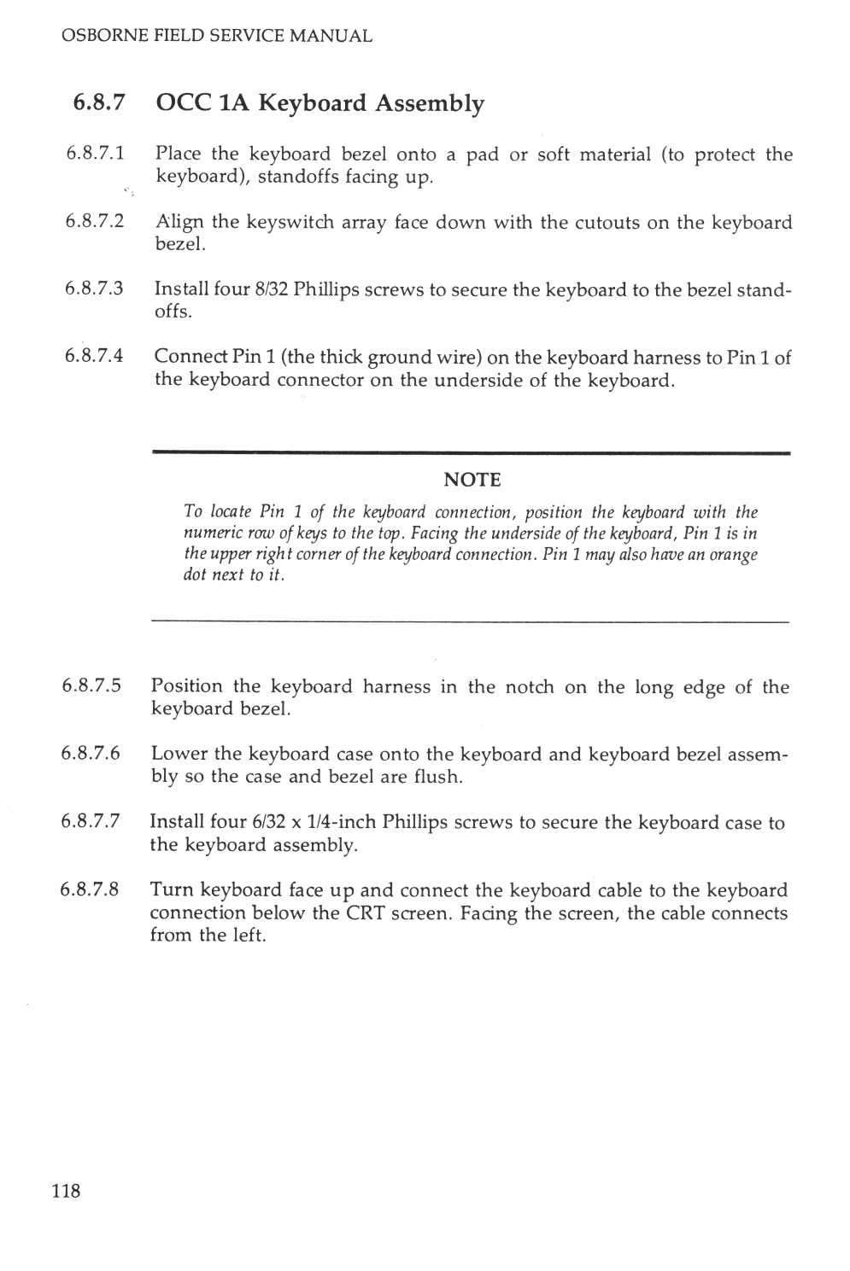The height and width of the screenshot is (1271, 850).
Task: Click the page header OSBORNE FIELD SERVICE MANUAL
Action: click(216, 36)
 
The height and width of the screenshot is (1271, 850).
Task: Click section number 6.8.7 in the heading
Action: click(99, 102)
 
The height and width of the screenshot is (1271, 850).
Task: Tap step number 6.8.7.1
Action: click(95, 153)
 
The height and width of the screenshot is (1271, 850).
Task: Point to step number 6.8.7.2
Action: click(95, 221)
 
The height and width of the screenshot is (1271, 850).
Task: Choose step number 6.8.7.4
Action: click(94, 355)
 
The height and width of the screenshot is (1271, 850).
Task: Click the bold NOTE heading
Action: click(472, 480)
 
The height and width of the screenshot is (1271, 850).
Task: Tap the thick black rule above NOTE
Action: click(471, 453)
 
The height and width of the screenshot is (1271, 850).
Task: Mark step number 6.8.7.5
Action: click(91, 685)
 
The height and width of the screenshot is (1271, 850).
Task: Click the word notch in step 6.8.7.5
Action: click(529, 687)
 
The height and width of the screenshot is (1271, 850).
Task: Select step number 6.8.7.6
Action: click(91, 753)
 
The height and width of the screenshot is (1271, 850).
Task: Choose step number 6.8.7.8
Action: click(90, 889)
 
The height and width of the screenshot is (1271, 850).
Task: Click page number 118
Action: click(66, 1191)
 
